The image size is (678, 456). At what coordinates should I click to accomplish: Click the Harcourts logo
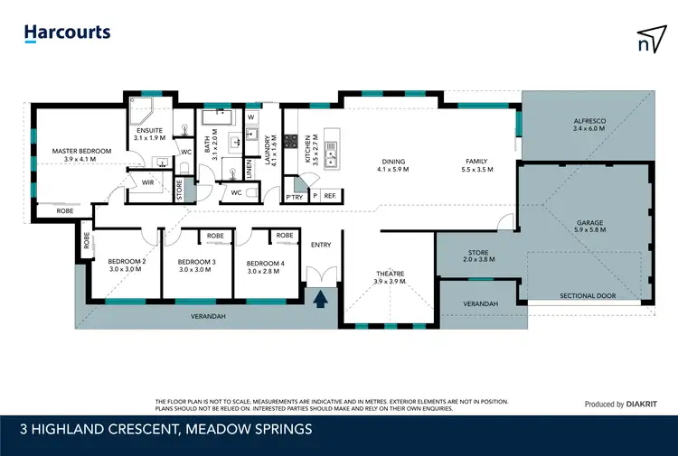point(67,33)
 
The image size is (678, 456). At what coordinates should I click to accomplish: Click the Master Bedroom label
point(80,150)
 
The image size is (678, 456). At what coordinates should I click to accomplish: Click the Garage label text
point(590,222)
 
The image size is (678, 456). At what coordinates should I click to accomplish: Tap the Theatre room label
point(390,273)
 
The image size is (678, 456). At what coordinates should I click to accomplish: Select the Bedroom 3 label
point(197,260)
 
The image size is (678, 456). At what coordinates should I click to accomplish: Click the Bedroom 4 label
point(265,263)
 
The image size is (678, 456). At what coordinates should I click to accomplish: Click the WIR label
point(149,181)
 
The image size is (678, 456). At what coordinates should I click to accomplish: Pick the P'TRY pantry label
point(294,196)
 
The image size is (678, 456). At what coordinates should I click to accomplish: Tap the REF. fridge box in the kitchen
point(329,196)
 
